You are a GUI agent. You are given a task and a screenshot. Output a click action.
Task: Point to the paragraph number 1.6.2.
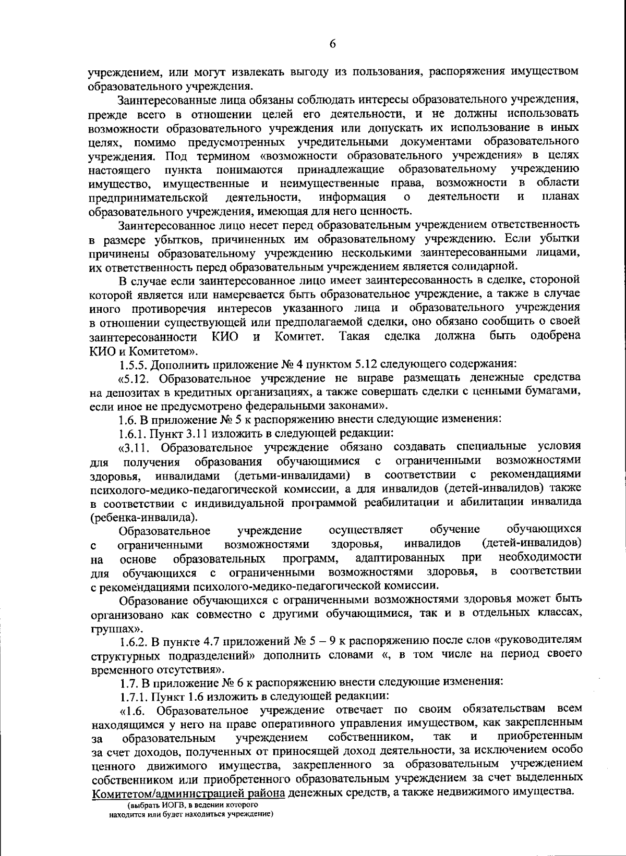134,640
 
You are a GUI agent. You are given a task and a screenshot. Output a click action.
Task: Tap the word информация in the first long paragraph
352,197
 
